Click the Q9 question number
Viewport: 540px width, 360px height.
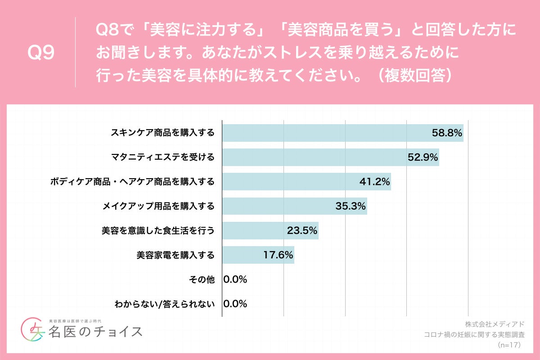pyautogui.click(x=41, y=53)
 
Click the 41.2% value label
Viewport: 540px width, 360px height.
pyautogui.click(x=375, y=182)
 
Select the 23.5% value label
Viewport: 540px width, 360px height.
pyautogui.click(x=302, y=231)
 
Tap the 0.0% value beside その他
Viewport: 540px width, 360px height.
pyautogui.click(x=235, y=279)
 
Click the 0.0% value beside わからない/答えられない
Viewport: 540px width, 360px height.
pyautogui.click(x=235, y=304)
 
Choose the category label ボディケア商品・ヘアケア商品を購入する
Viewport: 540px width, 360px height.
pyautogui.click(x=132, y=182)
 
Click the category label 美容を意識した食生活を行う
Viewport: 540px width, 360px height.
pyautogui.click(x=158, y=231)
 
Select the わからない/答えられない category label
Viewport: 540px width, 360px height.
pyautogui.click(x=164, y=304)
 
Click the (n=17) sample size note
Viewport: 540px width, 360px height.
pyautogui.click(x=509, y=345)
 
